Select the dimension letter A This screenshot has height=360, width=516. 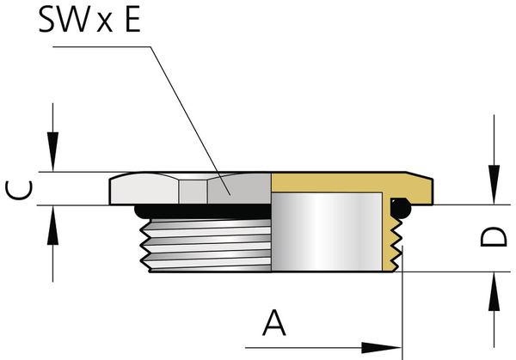[273, 323]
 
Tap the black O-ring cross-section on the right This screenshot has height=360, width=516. [400, 206]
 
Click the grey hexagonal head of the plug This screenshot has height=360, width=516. [189, 189]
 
